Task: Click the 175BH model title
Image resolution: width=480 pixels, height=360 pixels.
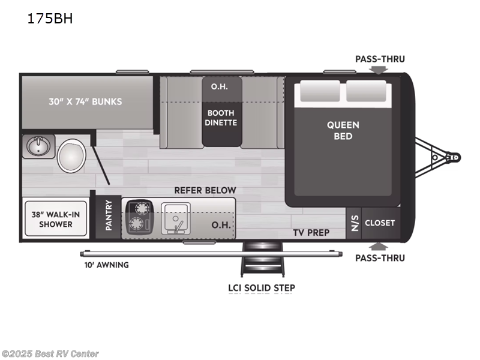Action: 50,18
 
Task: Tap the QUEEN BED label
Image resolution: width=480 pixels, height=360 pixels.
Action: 343,130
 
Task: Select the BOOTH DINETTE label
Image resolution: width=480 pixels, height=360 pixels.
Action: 222,118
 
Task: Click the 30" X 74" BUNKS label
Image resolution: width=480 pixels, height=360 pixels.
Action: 85,101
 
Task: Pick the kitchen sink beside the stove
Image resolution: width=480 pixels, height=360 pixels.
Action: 175,217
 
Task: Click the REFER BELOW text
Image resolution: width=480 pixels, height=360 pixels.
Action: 205,190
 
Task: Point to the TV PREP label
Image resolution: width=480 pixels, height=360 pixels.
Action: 311,232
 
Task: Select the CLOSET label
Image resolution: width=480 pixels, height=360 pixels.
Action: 380,223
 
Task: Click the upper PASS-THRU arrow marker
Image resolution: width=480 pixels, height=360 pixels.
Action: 378,70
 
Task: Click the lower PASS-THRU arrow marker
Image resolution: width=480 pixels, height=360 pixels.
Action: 378,245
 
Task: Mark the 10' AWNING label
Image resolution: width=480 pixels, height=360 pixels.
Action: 106,265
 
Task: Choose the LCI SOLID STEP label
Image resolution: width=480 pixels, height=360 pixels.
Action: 261,288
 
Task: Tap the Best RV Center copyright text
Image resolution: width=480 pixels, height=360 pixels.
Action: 50,353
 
